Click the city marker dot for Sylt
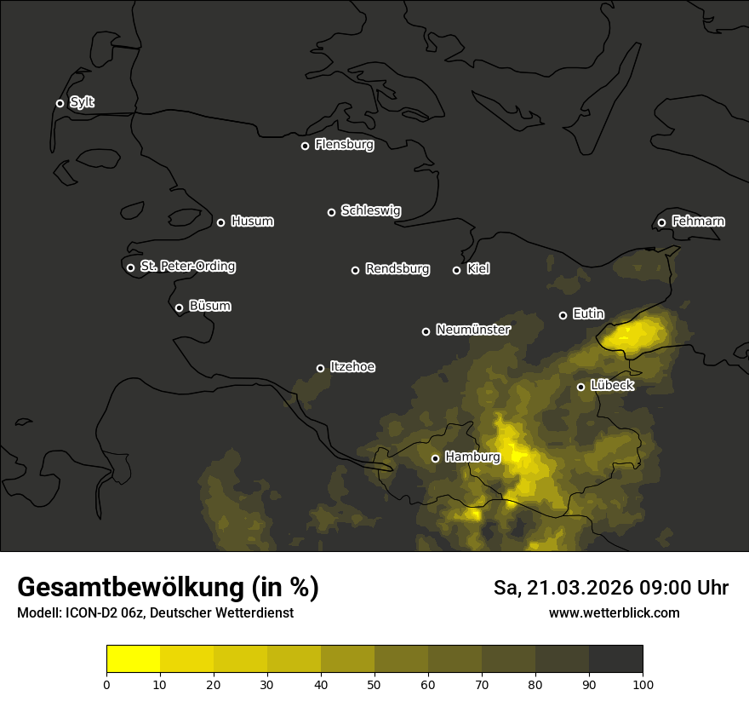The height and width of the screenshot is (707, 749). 60,103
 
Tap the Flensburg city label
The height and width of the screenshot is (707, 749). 344,145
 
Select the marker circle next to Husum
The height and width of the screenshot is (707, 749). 220,222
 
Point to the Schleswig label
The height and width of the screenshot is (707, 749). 370,210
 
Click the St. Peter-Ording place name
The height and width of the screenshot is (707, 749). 187,267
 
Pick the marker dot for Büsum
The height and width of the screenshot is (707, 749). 179,308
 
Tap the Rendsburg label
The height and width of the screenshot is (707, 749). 397,269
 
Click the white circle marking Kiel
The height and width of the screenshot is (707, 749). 456,270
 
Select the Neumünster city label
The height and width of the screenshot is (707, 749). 472,330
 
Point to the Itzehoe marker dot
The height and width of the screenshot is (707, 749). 320,368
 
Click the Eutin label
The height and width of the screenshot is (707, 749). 588,314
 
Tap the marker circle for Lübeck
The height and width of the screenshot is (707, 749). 581,387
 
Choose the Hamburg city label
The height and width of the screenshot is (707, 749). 472,457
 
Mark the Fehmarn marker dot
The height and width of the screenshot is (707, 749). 661,223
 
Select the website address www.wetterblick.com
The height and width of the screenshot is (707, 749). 614,612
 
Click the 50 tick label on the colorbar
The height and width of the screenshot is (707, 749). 374,684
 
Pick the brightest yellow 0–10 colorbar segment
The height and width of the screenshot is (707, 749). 134,659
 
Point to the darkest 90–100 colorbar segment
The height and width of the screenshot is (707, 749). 615,659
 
